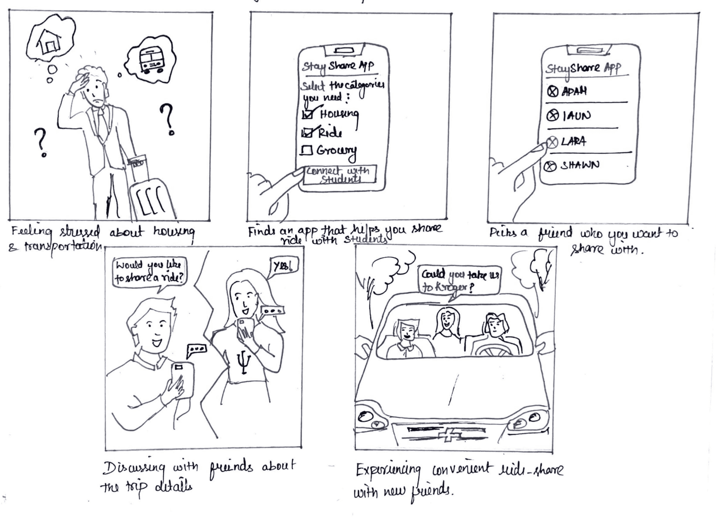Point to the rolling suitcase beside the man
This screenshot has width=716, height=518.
152,197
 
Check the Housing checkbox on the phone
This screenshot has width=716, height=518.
307,113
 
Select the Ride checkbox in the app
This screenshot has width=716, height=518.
306,133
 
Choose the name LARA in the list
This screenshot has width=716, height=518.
573,141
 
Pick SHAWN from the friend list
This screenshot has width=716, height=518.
579,165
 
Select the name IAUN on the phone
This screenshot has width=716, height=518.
576,116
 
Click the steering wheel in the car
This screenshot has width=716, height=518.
494,350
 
